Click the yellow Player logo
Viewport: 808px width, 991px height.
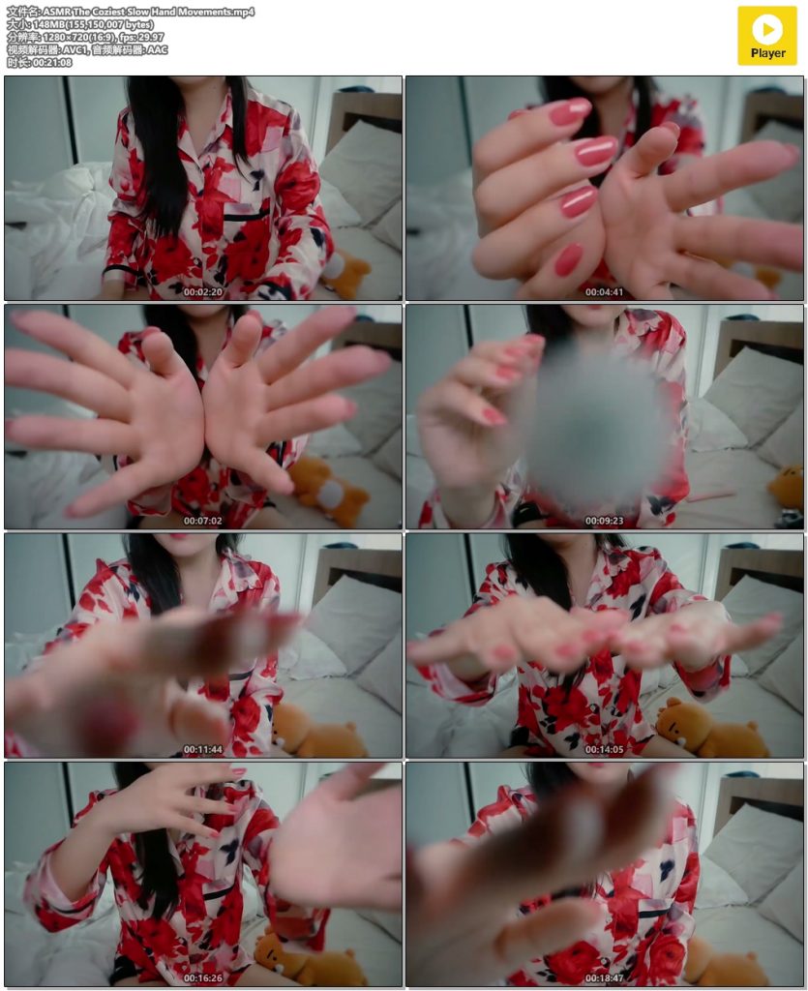pyautogui.click(x=767, y=36)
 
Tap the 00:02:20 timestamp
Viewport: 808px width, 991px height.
pyautogui.click(x=203, y=292)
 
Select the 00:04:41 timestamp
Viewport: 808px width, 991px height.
pyautogui.click(x=604, y=292)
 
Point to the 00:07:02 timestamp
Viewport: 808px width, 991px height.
pyautogui.click(x=203, y=521)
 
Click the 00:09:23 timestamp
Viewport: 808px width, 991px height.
pyautogui.click(x=604, y=521)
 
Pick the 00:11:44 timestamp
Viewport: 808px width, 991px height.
pyautogui.click(x=203, y=750)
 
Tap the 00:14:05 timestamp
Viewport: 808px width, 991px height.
pyautogui.click(x=604, y=750)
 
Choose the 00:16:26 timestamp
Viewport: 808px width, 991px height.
pyautogui.click(x=203, y=977)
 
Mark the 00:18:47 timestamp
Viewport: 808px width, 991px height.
pyautogui.click(x=604, y=977)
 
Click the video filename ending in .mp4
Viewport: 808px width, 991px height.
pyautogui.click(x=148, y=12)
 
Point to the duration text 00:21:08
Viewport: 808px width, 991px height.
pyautogui.click(x=52, y=63)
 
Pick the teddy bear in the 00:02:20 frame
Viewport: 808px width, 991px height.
pyautogui.click(x=346, y=273)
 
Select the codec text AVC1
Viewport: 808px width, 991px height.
pyautogui.click(x=74, y=50)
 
